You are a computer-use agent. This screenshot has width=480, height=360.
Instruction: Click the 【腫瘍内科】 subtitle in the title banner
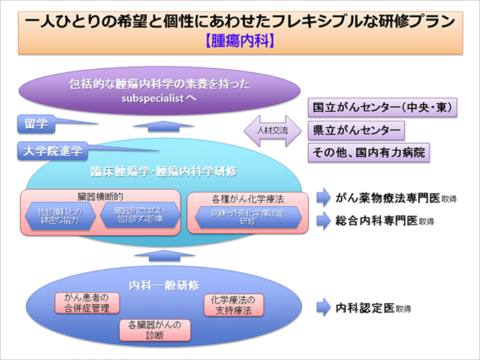tap(239, 40)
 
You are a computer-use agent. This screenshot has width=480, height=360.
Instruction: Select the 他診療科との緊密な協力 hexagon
tap(59, 217)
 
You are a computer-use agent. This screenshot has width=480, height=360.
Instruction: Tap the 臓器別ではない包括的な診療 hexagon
tap(139, 217)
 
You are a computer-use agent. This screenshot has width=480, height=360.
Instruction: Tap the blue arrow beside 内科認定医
tap(324, 309)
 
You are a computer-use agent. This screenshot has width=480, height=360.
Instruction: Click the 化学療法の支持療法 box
tap(233, 304)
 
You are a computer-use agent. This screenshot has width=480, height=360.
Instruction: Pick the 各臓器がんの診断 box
tap(155, 330)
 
